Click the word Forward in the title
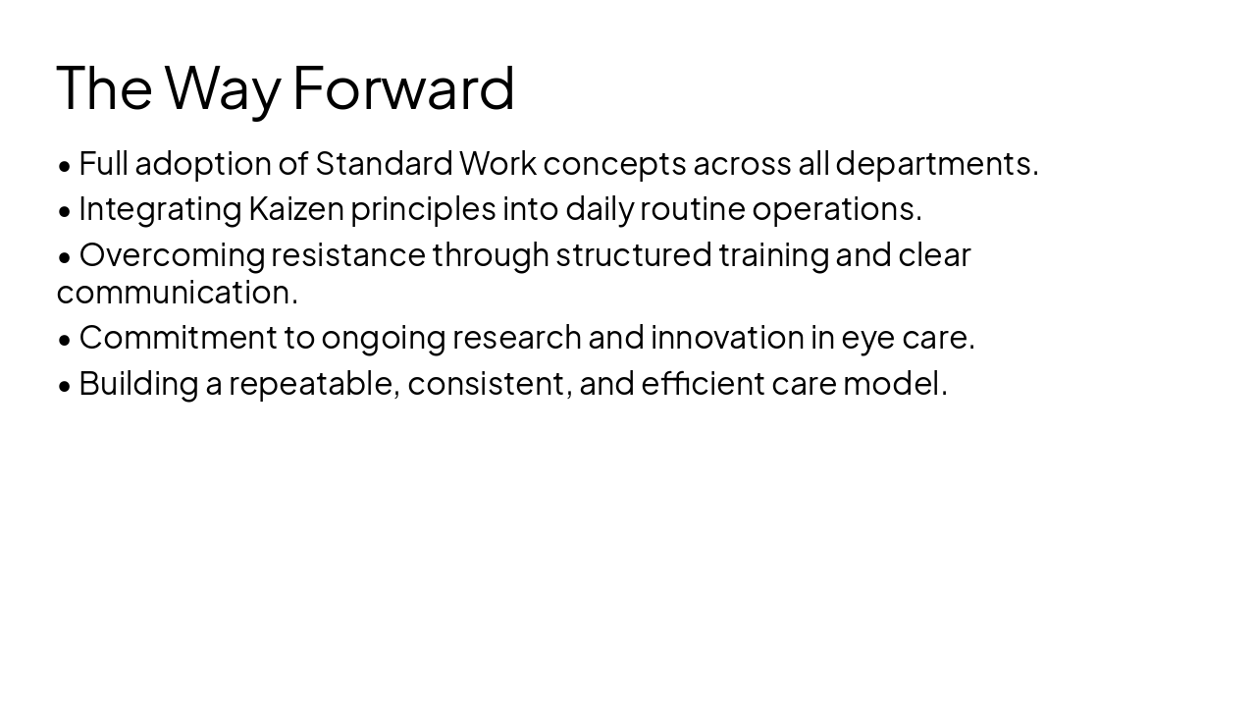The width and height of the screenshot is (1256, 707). (403, 87)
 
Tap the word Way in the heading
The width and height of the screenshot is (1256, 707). (223, 87)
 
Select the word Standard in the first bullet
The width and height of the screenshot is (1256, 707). (384, 163)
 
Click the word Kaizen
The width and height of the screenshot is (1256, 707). (296, 208)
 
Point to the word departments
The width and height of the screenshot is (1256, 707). (936, 163)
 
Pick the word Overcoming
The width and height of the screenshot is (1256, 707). (172, 254)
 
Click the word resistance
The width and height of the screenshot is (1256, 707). (348, 254)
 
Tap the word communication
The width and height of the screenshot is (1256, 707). (177, 292)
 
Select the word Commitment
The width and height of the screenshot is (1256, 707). (178, 337)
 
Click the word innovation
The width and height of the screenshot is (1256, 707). (727, 337)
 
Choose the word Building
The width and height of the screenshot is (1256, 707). (138, 383)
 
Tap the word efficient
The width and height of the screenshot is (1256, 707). (703, 383)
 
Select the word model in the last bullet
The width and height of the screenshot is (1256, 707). (894, 383)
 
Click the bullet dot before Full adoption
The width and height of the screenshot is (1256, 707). (65, 166)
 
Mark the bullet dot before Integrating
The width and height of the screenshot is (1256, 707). (65, 211)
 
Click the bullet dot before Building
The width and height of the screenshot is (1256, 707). (65, 386)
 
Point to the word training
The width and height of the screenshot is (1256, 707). (773, 254)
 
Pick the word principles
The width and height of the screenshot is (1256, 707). (423, 208)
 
